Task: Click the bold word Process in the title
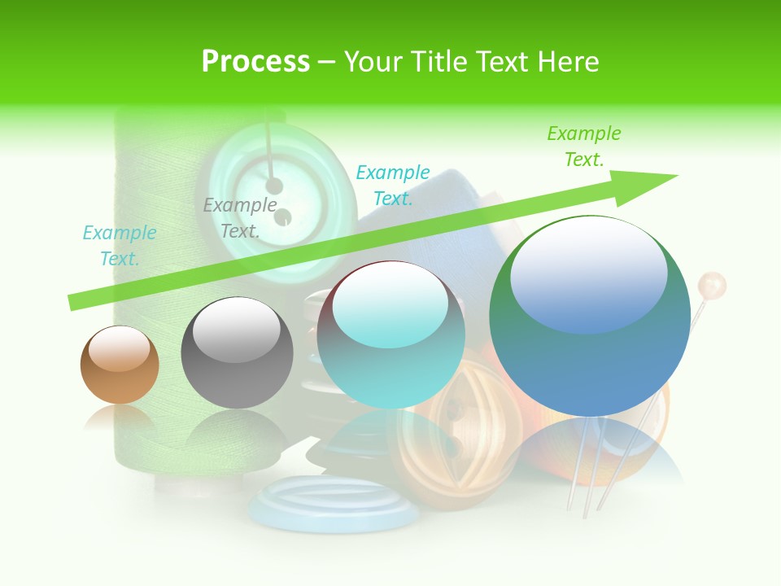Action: coord(255,62)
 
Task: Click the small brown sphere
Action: coord(120,365)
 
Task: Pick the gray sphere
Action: coord(237,353)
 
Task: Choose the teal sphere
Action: coord(390,335)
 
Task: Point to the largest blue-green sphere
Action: coord(590,317)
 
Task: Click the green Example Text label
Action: coord(583,146)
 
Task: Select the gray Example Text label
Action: coord(240,217)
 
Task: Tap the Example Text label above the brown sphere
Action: coord(119,245)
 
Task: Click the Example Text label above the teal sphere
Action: coord(393,185)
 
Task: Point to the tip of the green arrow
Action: coord(674,177)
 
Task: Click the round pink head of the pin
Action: coord(712,286)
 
